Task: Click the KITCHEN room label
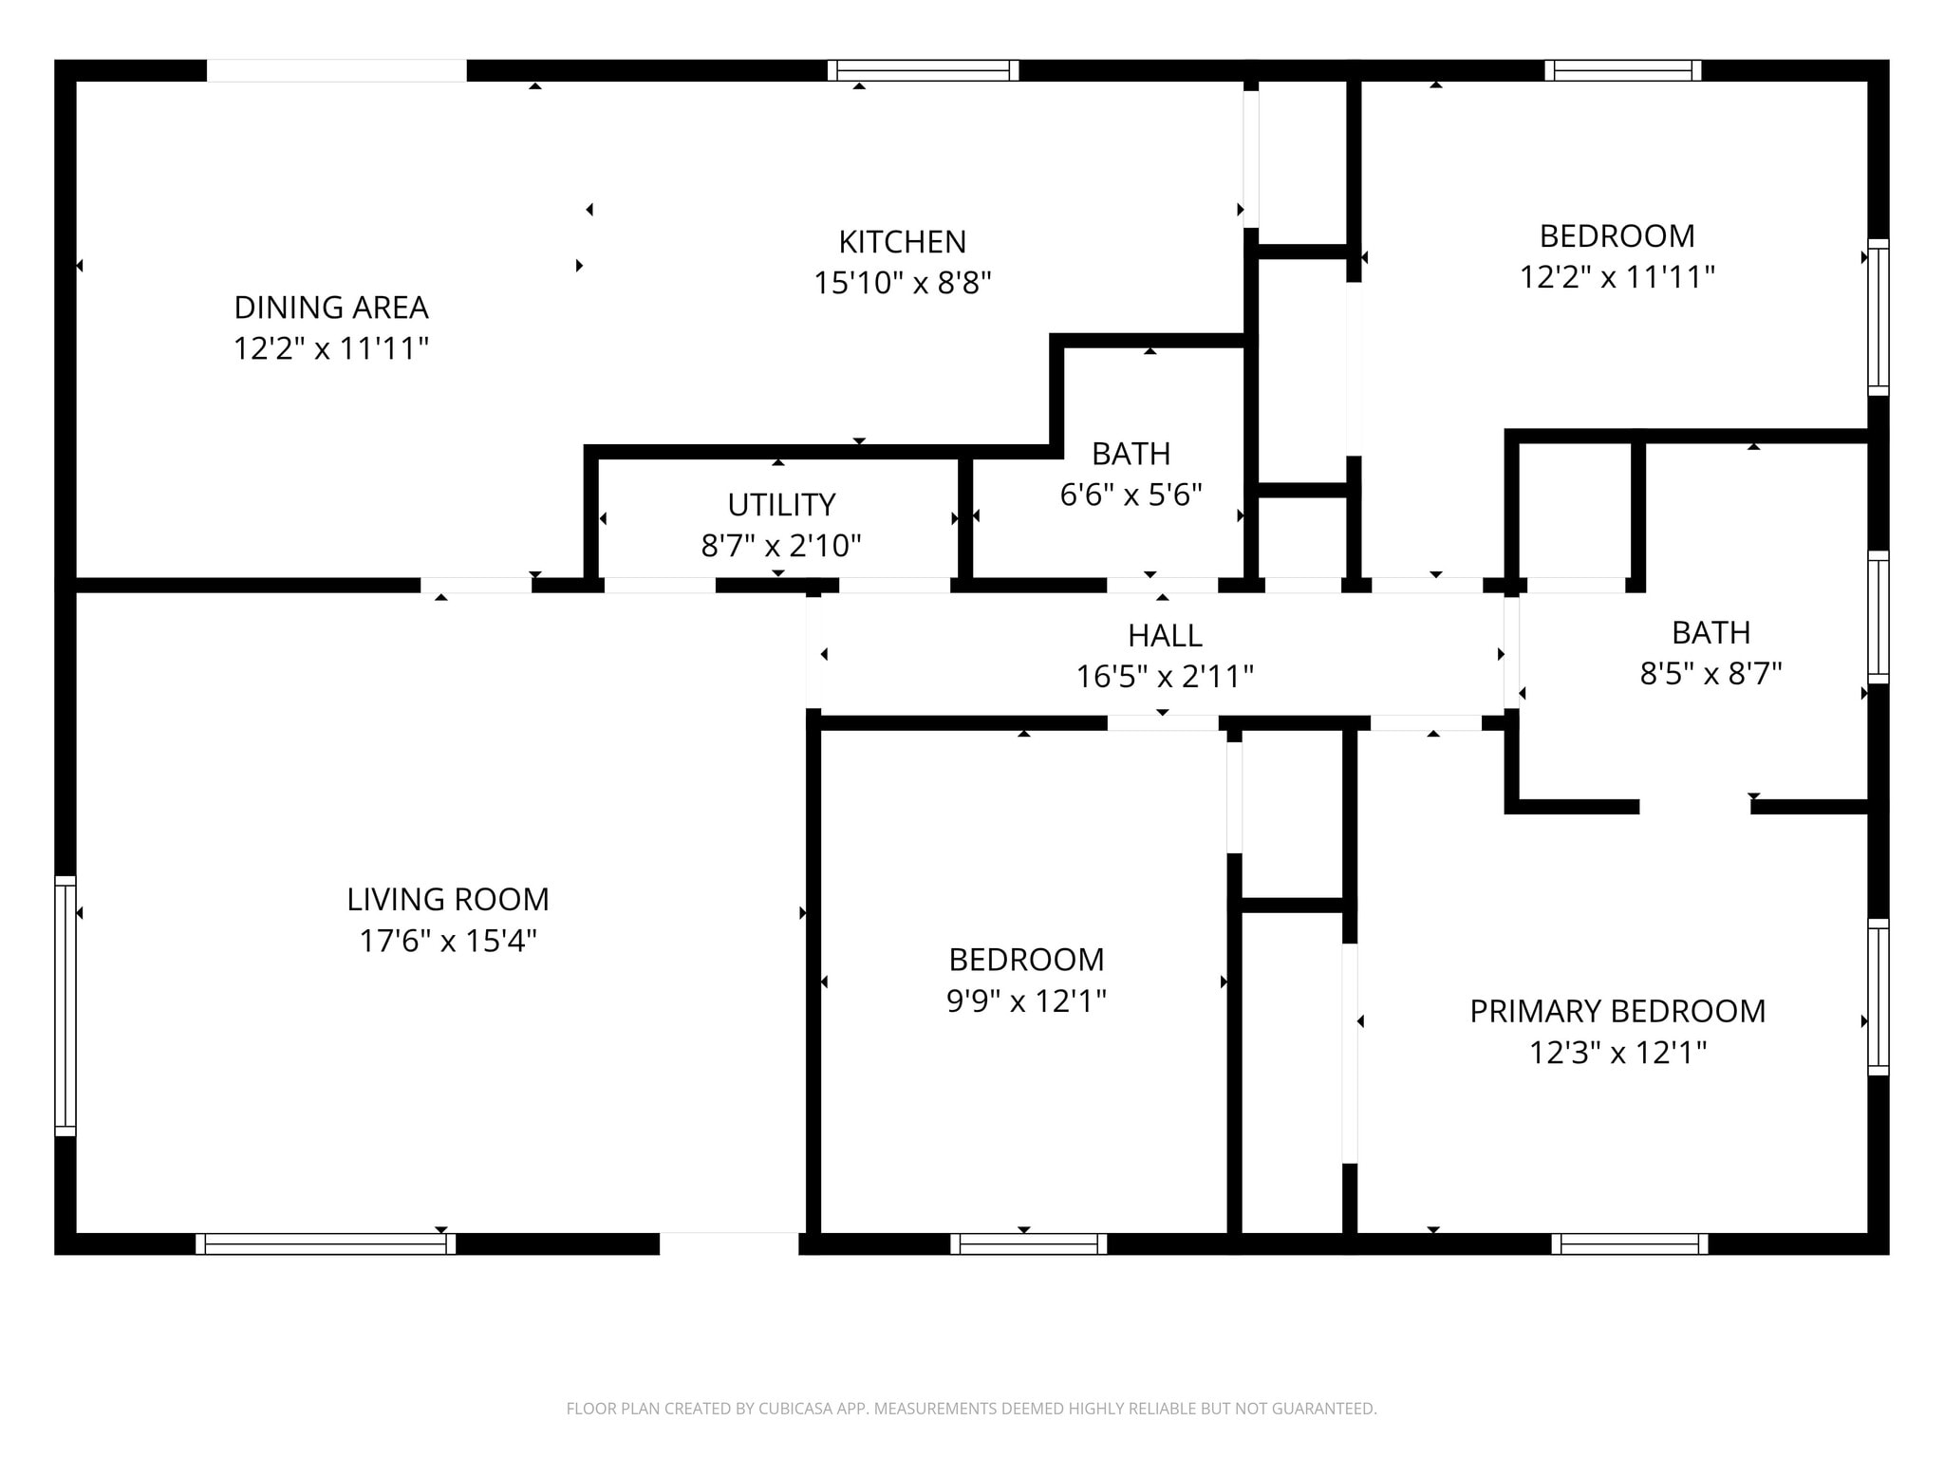coord(902,242)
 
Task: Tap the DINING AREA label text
coord(331,308)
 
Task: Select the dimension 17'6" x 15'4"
coord(448,941)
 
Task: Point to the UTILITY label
coord(781,504)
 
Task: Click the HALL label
coord(1165,635)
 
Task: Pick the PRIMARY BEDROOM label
coord(1617,1011)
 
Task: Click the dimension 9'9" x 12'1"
coord(1026,1001)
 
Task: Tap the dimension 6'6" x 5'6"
coord(1131,495)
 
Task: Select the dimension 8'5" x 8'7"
coord(1710,673)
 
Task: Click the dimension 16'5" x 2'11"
coord(1165,677)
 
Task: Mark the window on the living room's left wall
coord(65,1005)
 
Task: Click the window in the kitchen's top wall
coord(923,70)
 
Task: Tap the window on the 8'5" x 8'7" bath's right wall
coord(1878,616)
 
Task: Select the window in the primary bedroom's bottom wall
coord(1630,1243)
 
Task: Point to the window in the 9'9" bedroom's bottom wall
coord(1029,1243)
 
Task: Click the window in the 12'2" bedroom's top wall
coord(1623,70)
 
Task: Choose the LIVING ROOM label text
coord(448,899)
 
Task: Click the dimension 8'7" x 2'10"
coord(781,546)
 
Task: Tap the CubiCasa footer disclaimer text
coord(971,1409)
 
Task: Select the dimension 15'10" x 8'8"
coord(902,283)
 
